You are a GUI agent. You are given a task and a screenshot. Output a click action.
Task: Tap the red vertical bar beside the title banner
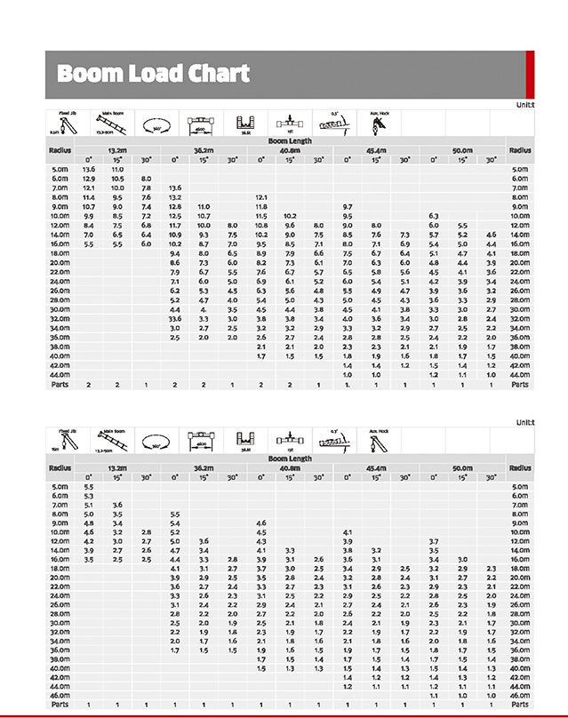click(530, 75)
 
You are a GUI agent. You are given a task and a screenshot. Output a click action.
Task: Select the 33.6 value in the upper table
click(174, 317)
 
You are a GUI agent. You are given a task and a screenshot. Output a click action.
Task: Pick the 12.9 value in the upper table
click(89, 179)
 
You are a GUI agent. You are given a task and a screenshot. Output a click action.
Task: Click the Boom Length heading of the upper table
click(290, 142)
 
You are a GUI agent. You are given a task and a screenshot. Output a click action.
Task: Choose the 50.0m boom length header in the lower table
click(462, 467)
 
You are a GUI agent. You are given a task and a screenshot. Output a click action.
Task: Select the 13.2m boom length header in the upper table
click(117, 150)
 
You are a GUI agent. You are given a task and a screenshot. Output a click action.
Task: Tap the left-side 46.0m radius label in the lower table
click(60, 695)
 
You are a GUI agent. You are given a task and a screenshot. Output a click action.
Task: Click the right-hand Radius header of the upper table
click(520, 150)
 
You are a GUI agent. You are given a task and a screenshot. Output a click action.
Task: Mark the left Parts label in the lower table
click(60, 704)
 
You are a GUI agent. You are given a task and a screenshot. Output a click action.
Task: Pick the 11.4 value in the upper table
click(89, 197)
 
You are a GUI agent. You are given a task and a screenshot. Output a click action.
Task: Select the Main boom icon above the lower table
click(113, 439)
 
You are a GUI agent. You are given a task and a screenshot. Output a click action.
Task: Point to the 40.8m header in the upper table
click(290, 150)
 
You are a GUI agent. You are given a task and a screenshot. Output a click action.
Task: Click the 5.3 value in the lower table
click(89, 496)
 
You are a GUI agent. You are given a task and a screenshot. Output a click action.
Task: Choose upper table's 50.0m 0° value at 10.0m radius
click(434, 216)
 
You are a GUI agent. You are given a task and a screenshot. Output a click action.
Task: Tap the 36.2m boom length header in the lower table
click(204, 467)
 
